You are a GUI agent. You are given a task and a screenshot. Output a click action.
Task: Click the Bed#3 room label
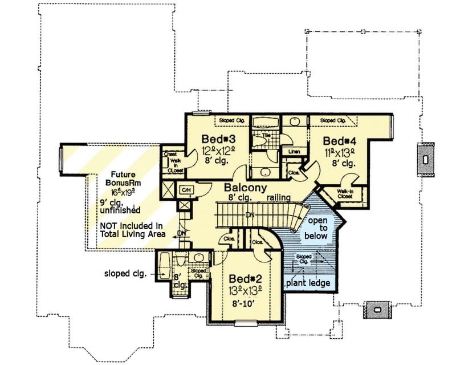coord(216,139)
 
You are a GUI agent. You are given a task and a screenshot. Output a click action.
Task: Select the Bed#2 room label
coord(247,279)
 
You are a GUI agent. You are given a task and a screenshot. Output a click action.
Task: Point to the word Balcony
coord(246,188)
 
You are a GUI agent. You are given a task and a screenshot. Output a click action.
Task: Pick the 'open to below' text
coord(316,228)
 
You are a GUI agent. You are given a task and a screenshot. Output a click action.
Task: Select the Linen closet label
coord(294,152)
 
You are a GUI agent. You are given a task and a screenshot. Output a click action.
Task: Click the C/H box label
coord(185,189)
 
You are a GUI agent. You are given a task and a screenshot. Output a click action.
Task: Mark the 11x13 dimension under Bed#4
coord(340,152)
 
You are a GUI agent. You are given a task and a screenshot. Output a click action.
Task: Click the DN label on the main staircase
coord(249,215)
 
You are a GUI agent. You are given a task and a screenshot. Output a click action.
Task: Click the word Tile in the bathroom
coord(267,135)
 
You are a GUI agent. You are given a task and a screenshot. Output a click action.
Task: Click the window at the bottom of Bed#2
coord(246,324)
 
